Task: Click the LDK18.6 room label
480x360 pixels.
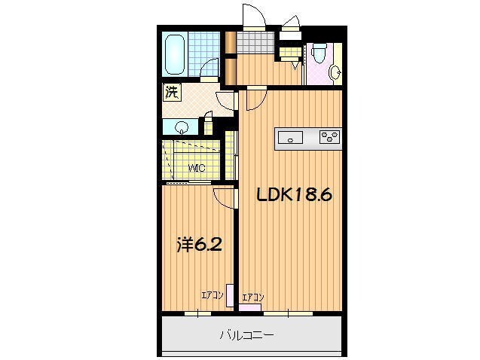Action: point(295,194)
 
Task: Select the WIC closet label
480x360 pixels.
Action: point(197,168)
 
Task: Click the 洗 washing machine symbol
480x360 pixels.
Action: point(173,94)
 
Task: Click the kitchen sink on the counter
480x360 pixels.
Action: point(290,136)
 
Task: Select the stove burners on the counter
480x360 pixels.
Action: point(329,136)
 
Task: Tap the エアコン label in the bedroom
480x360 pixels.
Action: point(211,295)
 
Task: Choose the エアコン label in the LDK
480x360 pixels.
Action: point(252,297)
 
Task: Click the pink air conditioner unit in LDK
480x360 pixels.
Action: point(252,307)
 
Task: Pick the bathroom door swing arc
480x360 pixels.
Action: point(210,73)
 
